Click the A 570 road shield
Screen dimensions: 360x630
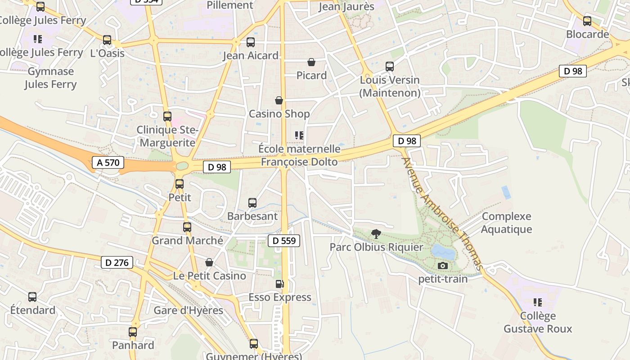(x=108, y=162)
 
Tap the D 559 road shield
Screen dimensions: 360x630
(x=284, y=241)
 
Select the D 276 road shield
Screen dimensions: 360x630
(x=117, y=262)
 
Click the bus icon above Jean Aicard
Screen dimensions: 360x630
(x=251, y=43)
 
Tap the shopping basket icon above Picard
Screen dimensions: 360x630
(x=311, y=62)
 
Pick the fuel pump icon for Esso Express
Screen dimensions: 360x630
(x=280, y=284)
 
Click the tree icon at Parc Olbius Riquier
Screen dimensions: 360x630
(x=376, y=234)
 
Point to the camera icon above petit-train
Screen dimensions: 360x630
(x=443, y=266)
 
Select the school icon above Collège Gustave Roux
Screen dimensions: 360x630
(x=537, y=302)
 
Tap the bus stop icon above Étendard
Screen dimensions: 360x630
(x=32, y=297)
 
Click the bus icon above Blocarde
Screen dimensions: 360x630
(x=587, y=21)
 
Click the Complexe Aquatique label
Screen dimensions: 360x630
(x=506, y=223)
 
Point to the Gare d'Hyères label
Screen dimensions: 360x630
(x=188, y=310)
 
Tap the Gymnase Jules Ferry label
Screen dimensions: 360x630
(x=50, y=78)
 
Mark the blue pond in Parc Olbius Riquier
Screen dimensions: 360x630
(x=441, y=251)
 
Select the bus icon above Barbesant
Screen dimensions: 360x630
(x=252, y=203)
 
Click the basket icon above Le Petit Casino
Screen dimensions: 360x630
(x=209, y=262)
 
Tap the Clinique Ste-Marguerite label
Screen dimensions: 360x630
(x=167, y=136)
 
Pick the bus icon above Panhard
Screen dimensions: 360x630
(x=133, y=332)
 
